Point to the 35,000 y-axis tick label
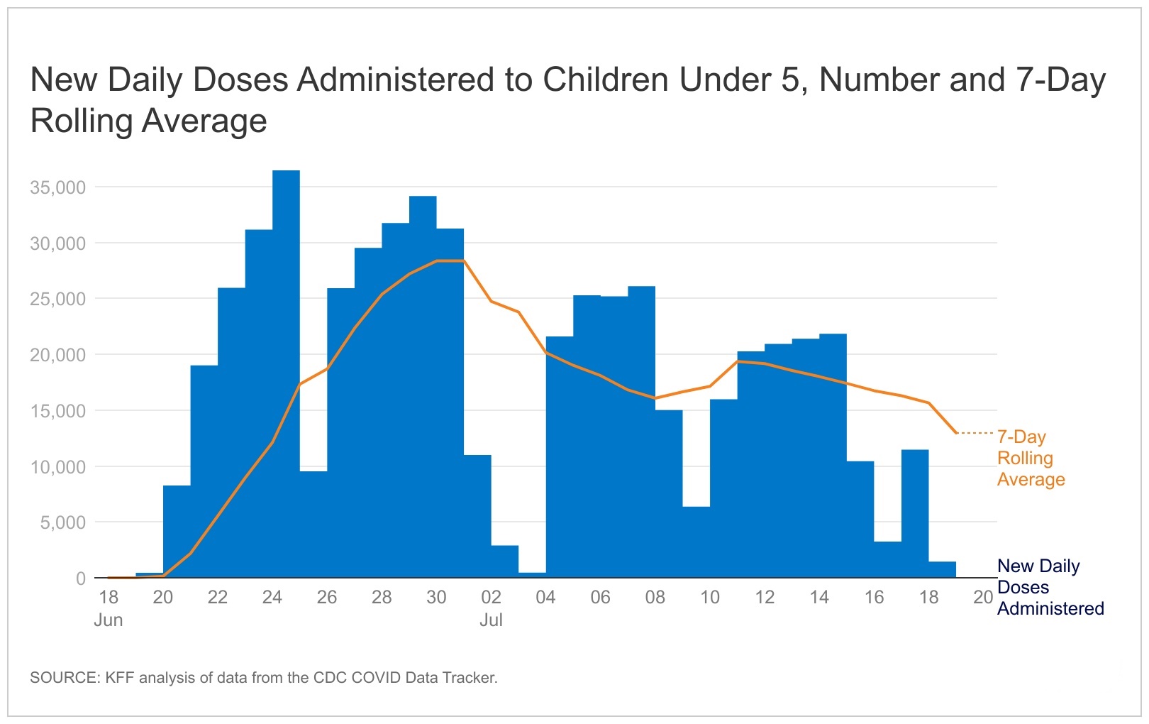(x=57, y=187)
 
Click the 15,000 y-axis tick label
(x=57, y=411)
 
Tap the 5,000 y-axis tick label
(x=62, y=522)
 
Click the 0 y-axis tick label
(x=80, y=578)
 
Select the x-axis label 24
(x=272, y=597)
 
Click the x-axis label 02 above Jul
(x=491, y=597)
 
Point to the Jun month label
(x=109, y=620)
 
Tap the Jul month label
(x=491, y=620)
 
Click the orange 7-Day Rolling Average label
(x=1030, y=458)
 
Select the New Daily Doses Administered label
(x=1049, y=587)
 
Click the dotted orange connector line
(x=976, y=433)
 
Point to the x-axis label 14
(x=819, y=597)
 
